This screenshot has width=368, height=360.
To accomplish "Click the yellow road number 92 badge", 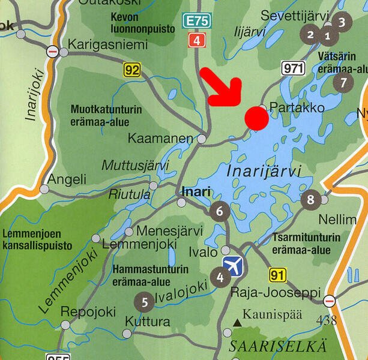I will (x=132, y=70).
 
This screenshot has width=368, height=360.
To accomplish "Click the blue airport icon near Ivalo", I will (x=232, y=265).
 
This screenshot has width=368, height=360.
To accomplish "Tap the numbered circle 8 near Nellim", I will (x=310, y=200).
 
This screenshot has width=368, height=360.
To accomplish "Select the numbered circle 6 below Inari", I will (x=220, y=211).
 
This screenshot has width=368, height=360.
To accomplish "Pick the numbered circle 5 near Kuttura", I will (x=144, y=301).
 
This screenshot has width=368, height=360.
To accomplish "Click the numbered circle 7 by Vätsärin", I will (x=343, y=82).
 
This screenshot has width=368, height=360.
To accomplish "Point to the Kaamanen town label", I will (x=160, y=139).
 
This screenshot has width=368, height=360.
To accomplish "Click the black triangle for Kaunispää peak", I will (x=237, y=323).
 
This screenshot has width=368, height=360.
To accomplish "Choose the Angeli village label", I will (x=67, y=179).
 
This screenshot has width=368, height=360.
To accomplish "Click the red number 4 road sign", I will (x=196, y=41).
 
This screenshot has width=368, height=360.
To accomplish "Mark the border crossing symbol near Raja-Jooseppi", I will (x=329, y=300).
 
